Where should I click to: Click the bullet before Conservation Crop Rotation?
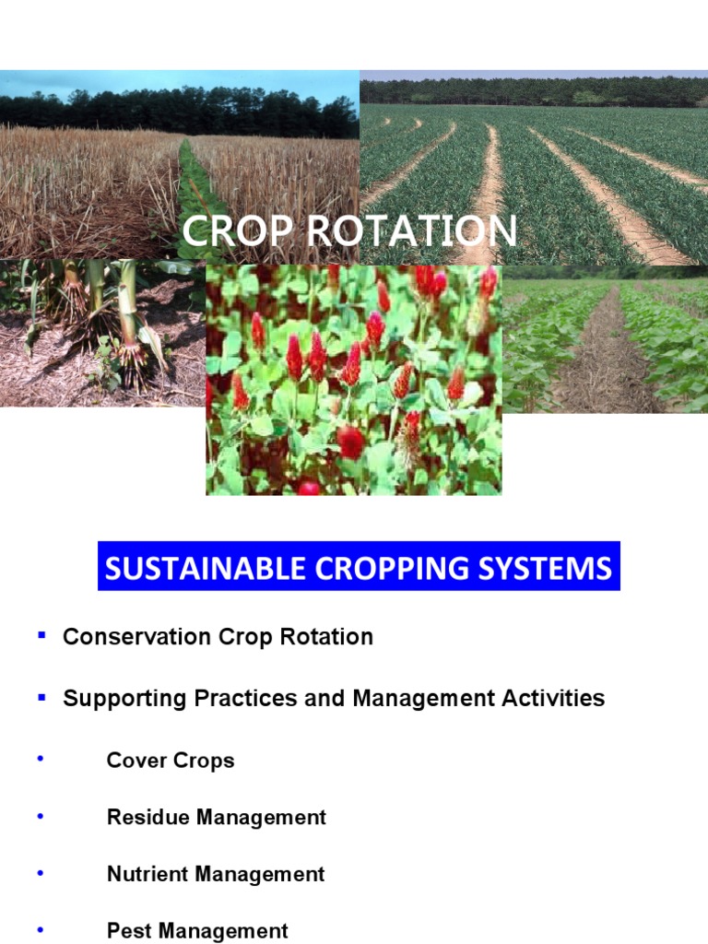click(x=41, y=635)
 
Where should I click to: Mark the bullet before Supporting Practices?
click(x=41, y=696)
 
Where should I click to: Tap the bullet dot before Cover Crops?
click(x=40, y=759)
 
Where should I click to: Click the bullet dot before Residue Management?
click(x=40, y=816)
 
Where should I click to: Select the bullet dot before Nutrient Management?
click(x=40, y=873)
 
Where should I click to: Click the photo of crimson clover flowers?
click(x=353, y=380)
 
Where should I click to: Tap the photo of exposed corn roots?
click(x=101, y=332)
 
